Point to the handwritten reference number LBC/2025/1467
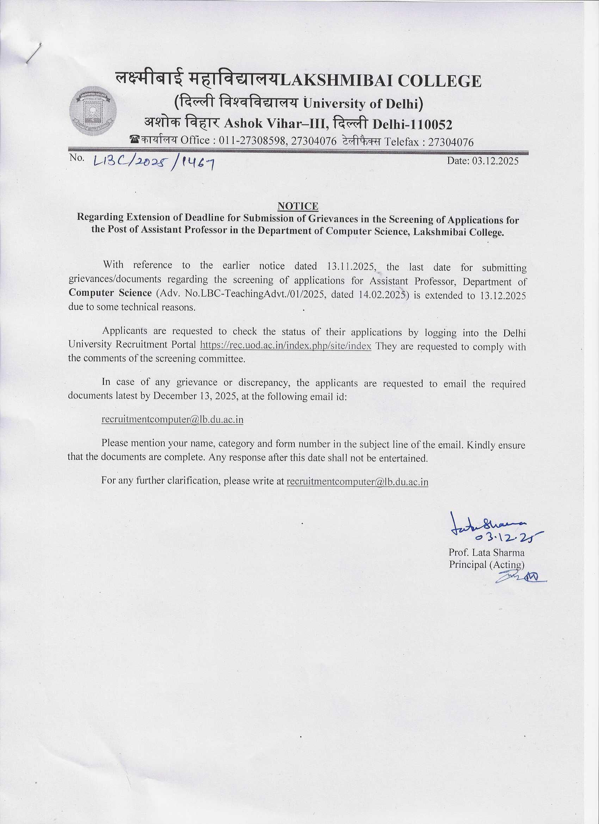(153, 165)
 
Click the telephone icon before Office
(135, 140)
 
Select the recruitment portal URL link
(285, 345)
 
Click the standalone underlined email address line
(173, 420)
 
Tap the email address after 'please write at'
(357, 482)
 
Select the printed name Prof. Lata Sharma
(486, 553)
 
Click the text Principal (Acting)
(486, 565)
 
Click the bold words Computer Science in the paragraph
(110, 293)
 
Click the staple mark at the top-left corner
(33, 54)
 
